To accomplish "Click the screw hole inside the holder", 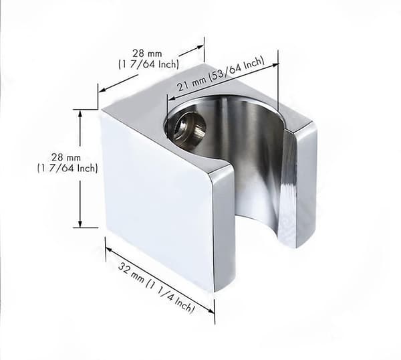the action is (190, 126).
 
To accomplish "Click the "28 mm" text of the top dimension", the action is (147, 54).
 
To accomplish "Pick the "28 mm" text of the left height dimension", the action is (66, 157).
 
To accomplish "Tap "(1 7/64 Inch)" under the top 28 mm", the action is (148, 64).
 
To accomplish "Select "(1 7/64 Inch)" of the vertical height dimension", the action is (68, 168).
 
